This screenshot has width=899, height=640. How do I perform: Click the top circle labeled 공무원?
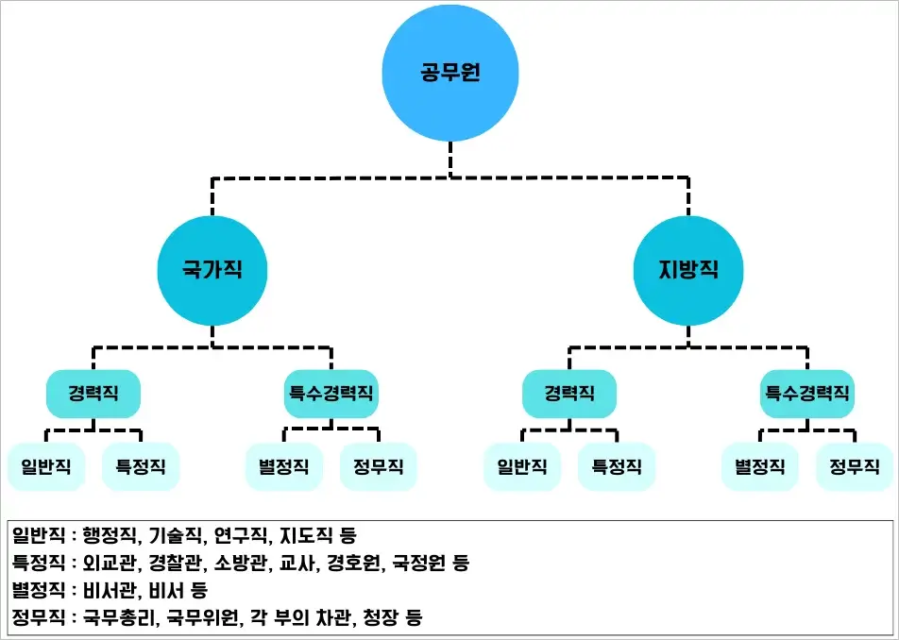(450, 73)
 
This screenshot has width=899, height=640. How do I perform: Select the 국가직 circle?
(212, 269)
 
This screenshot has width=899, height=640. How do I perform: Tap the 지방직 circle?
(688, 269)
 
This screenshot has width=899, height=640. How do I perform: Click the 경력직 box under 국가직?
(93, 394)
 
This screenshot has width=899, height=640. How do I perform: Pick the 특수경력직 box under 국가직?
(331, 394)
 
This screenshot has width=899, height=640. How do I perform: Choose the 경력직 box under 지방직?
(569, 394)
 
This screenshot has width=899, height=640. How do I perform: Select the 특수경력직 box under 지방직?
(806, 394)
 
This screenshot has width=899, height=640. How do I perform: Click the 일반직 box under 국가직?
(46, 466)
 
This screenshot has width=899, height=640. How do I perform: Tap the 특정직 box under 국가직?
(141, 466)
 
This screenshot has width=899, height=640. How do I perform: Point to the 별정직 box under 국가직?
(283, 466)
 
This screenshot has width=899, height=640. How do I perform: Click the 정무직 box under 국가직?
(379, 466)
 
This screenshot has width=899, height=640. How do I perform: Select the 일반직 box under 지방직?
(522, 466)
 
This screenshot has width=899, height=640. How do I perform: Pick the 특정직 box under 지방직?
(617, 466)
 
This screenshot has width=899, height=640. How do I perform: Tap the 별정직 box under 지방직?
(759, 466)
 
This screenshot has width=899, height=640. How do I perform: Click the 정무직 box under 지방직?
(855, 466)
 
